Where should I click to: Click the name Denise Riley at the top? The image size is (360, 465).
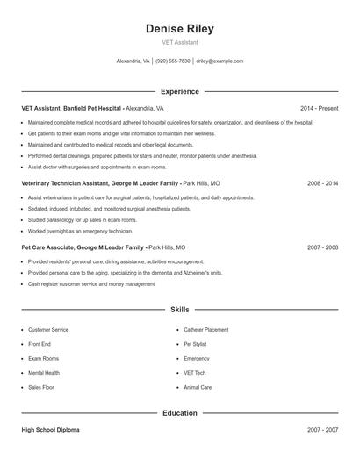pos(179,29)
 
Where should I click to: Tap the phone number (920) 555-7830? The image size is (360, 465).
pos(173,61)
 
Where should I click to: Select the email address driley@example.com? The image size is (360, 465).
pos(220,61)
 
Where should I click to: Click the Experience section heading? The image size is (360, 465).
pos(179,91)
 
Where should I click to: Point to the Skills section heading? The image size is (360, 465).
pos(179,310)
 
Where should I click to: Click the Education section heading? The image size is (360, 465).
pos(179,412)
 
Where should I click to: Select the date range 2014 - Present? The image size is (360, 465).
pos(319,108)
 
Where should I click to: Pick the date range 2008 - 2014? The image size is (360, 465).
pos(323,184)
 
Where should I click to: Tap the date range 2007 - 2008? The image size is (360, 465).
pos(323,247)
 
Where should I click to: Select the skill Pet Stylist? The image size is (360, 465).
pos(195,344)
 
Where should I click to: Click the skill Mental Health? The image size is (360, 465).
pos(45,372)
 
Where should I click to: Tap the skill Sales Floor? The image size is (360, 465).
pos(41,386)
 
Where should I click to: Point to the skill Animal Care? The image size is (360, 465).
pos(198,386)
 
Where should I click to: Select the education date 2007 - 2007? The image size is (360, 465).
pos(323,430)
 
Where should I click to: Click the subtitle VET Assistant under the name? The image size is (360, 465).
pos(179,42)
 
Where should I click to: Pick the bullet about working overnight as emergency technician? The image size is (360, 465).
pos(80,231)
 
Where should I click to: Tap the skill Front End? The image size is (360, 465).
pos(40,344)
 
